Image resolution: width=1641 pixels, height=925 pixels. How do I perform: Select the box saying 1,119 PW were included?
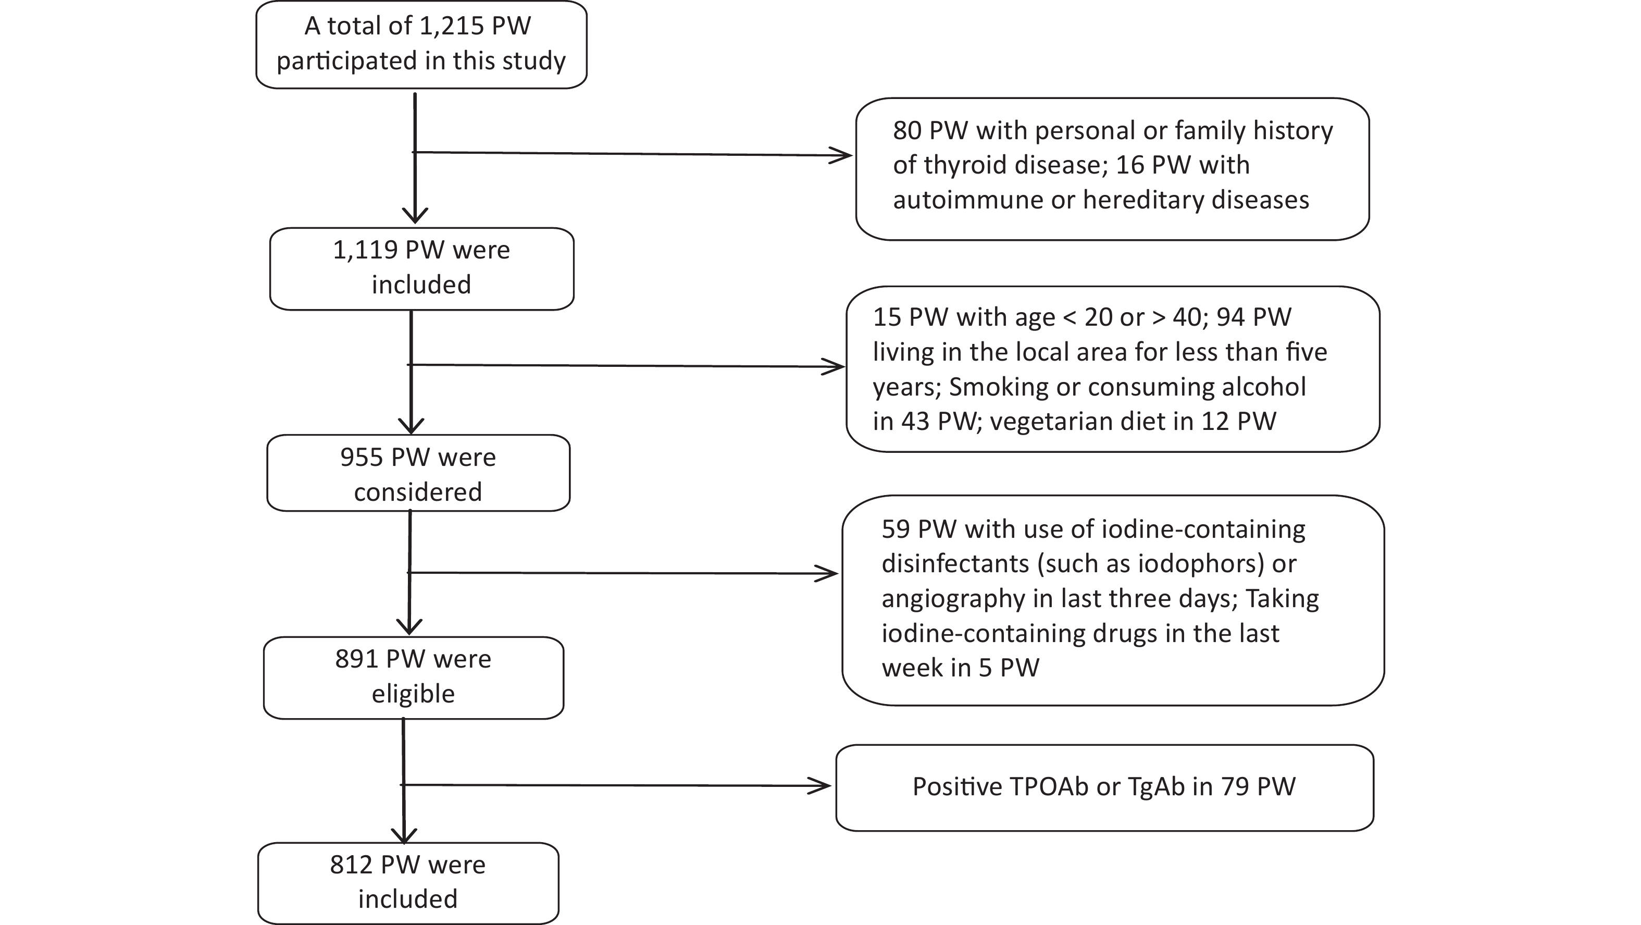point(422,269)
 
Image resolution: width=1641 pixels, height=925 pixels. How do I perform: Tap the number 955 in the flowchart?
point(360,458)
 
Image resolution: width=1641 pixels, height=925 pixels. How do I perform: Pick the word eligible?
point(414,694)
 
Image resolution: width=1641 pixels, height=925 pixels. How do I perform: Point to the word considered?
point(418,492)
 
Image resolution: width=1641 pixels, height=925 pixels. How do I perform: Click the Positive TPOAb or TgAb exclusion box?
point(1104,788)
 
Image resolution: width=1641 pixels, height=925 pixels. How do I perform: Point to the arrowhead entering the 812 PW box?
point(403,835)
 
